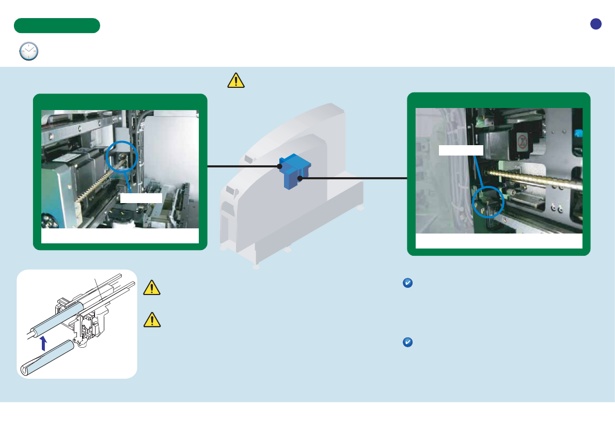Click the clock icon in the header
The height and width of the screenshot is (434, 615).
[29, 52]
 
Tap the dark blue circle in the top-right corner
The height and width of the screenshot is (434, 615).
[596, 24]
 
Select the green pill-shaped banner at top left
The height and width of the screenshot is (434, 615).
[57, 25]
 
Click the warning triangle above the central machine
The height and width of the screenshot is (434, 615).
[235, 81]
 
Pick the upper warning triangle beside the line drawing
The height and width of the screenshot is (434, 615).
[152, 288]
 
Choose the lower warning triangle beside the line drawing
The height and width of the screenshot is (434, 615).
[152, 321]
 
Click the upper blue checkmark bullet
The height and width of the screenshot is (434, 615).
[407, 283]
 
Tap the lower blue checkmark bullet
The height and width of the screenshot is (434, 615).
[407, 343]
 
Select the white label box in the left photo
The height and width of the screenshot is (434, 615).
[141, 198]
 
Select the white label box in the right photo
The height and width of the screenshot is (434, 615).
[461, 150]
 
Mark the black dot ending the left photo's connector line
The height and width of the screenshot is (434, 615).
[279, 166]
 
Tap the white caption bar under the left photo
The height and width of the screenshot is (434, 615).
[120, 236]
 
